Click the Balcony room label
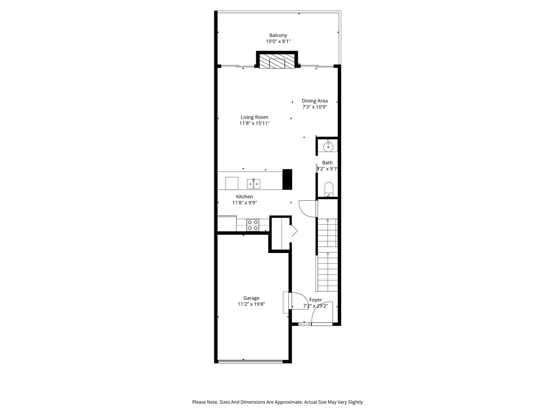(278, 36)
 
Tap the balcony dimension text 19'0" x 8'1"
(278, 42)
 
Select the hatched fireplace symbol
(277, 62)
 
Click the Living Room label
(255, 117)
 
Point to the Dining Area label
(315, 101)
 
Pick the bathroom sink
(328, 147)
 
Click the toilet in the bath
(329, 188)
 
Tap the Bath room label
(327, 163)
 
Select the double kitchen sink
(254, 184)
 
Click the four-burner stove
(253, 225)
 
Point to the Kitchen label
(245, 197)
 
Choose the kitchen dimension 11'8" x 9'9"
(245, 203)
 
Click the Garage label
(251, 298)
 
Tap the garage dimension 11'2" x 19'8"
(251, 304)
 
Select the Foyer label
(316, 300)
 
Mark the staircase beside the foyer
(327, 256)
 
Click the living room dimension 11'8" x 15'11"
(255, 123)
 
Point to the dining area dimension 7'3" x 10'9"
(315, 107)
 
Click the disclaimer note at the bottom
(277, 402)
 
